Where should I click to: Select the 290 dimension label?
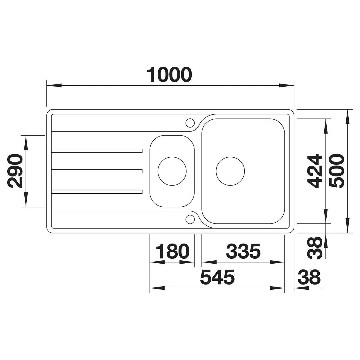(x=15, y=171)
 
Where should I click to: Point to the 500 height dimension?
(x=337, y=171)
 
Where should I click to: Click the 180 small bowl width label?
(x=172, y=251)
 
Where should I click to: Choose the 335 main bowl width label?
(x=243, y=251)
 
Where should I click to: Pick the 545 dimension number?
(x=217, y=282)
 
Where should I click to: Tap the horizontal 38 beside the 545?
(x=309, y=282)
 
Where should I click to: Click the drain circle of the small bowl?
(x=172, y=171)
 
